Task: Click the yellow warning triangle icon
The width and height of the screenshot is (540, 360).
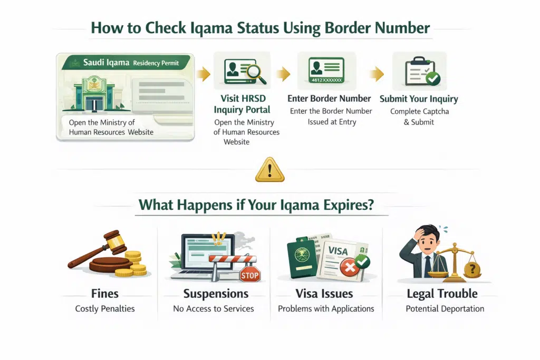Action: click(269, 170)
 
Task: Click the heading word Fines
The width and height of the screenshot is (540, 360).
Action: click(104, 294)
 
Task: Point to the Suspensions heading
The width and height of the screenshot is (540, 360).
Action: click(216, 294)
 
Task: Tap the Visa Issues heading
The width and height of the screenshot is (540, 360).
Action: click(324, 294)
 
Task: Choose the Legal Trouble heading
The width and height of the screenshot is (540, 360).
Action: click(442, 294)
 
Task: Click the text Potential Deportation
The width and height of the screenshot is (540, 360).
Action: click(445, 308)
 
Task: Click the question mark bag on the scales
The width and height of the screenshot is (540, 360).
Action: click(471, 269)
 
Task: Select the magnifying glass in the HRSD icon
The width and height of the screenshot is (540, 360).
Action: click(253, 72)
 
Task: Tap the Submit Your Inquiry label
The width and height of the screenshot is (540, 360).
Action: click(419, 99)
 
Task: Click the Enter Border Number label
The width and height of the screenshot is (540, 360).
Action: click(329, 99)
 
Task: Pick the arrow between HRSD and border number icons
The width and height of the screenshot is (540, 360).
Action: click(283, 74)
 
